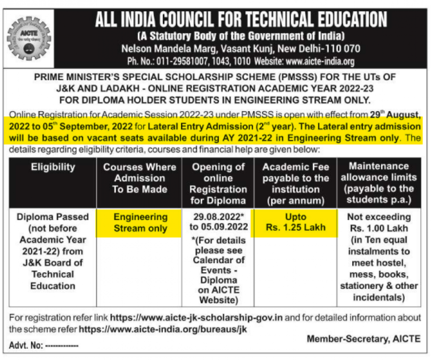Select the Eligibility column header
pyautogui.click(x=53, y=167)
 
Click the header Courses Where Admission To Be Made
pyautogui.click(x=140, y=178)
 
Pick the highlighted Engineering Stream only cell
pyautogui.click(x=140, y=222)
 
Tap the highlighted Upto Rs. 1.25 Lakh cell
pyautogui.click(x=295, y=222)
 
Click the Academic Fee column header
pyautogui.click(x=295, y=183)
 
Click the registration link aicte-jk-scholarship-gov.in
pyautogui.click(x=196, y=317)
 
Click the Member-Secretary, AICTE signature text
pyautogui.click(x=363, y=339)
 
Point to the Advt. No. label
pyautogui.click(x=26, y=346)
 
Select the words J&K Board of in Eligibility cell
pyautogui.click(x=53, y=263)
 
